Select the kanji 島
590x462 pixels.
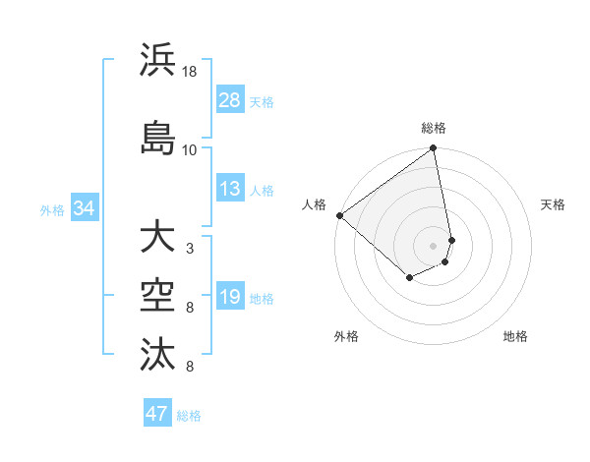point(158,137)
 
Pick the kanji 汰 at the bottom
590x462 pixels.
point(158,353)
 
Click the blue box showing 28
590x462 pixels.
point(230,99)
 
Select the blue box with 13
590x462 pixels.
point(230,189)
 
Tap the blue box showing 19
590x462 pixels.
point(230,297)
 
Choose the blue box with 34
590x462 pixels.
point(84,208)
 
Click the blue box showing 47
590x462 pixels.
point(157,414)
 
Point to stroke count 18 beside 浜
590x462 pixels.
point(190,72)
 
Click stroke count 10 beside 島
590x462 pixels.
point(190,149)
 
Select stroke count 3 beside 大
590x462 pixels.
point(190,249)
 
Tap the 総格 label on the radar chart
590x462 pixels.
point(434,128)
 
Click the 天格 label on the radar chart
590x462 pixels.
point(553,204)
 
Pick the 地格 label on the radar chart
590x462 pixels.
point(515,337)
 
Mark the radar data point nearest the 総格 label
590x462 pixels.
point(434,149)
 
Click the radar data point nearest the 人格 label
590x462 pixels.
point(339,215)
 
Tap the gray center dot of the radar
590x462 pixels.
point(434,245)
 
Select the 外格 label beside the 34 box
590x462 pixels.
point(52,209)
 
